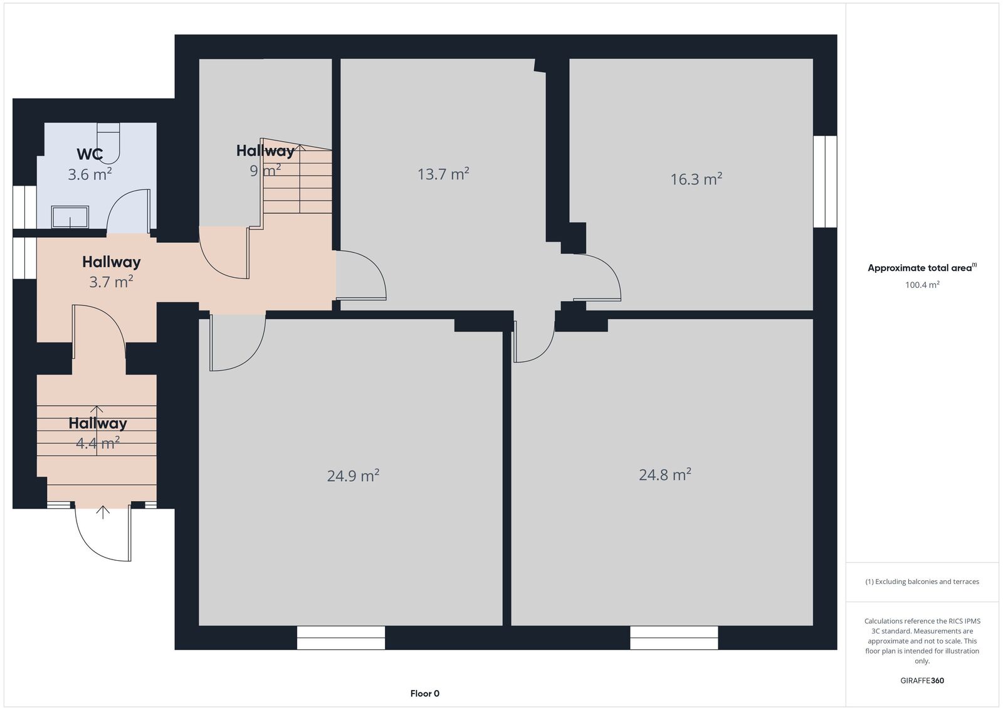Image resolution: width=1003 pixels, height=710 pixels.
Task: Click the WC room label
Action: click(90, 154)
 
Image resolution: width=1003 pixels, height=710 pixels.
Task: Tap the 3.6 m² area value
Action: click(90, 174)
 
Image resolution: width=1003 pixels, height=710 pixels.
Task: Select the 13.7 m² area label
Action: click(443, 174)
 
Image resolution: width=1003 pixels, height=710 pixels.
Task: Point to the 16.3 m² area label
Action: click(696, 179)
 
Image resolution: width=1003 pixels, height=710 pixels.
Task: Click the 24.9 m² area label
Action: click(354, 475)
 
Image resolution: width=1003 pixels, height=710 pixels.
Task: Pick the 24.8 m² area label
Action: click(665, 475)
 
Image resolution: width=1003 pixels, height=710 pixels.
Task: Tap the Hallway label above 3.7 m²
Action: click(112, 262)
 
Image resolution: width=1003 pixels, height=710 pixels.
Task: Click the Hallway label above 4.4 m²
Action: click(98, 423)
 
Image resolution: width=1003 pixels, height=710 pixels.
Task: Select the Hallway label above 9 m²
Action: click(265, 151)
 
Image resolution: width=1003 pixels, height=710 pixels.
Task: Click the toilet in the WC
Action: click(108, 143)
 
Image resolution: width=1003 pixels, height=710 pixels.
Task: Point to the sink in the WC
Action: click(70, 217)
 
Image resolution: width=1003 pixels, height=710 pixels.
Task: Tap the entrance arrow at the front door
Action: click(103, 512)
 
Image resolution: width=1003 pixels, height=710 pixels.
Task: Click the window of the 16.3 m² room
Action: click(825, 181)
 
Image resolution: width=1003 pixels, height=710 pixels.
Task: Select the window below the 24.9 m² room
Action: click(341, 637)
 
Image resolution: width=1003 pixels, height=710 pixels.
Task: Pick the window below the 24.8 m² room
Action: click(674, 637)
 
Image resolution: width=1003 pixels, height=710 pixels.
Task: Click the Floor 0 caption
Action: click(425, 694)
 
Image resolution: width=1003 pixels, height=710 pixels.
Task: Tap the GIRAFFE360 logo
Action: click(922, 681)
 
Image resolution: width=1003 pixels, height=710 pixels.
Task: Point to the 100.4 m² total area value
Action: click(922, 285)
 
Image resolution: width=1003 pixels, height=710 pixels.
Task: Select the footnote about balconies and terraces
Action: click(922, 581)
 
